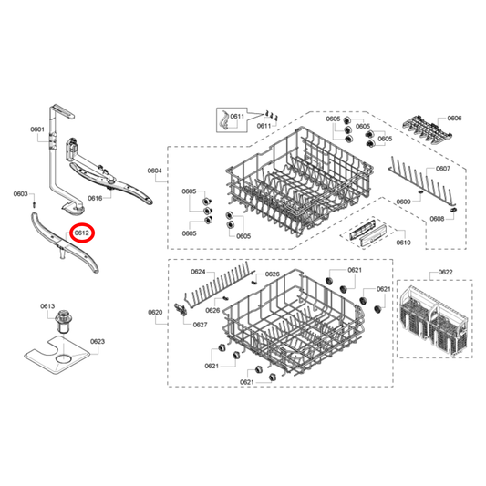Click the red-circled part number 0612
[82, 233]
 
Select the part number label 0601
[37, 130]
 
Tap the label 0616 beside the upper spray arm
[120, 198]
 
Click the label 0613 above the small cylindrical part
[48, 305]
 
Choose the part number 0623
[98, 342]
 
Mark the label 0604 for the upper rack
[154, 171]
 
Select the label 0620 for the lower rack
[155, 312]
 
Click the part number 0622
[445, 273]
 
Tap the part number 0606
[454, 119]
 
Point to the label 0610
[403, 243]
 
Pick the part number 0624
[197, 273]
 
